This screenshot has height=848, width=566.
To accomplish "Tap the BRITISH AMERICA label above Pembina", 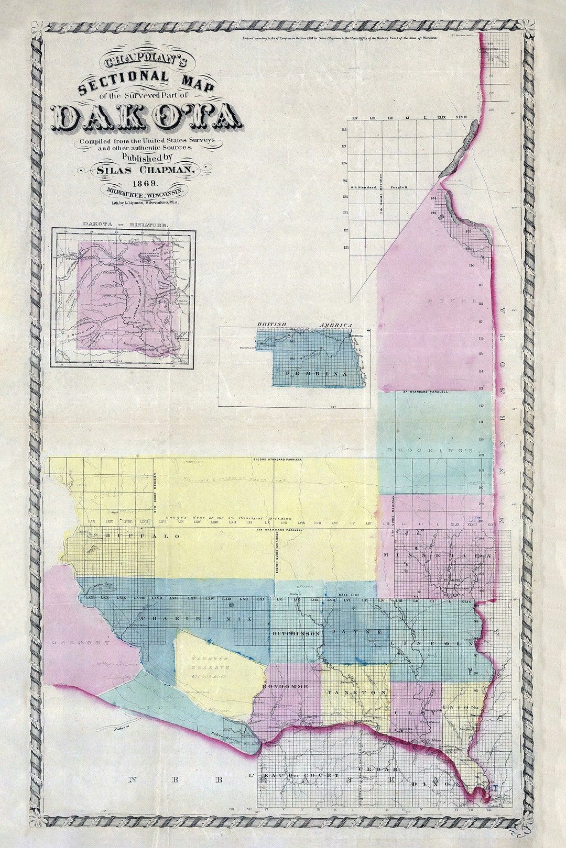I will click(x=304, y=325).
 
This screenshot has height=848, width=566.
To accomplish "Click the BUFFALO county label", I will click(x=142, y=536).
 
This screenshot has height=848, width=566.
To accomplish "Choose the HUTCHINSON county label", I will click(x=296, y=633).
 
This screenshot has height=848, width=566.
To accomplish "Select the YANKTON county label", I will click(x=357, y=692).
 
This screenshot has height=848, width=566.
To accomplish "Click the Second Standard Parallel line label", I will click(x=277, y=460).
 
